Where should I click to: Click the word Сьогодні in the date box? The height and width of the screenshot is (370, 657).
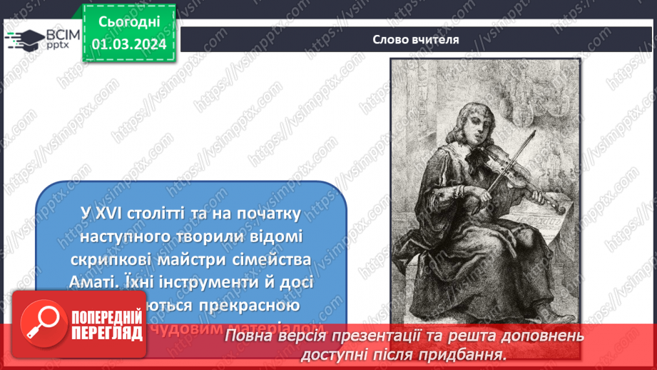tap(128, 23)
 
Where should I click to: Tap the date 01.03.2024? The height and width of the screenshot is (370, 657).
tap(128, 44)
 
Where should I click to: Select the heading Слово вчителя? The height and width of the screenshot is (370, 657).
tap(416, 39)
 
